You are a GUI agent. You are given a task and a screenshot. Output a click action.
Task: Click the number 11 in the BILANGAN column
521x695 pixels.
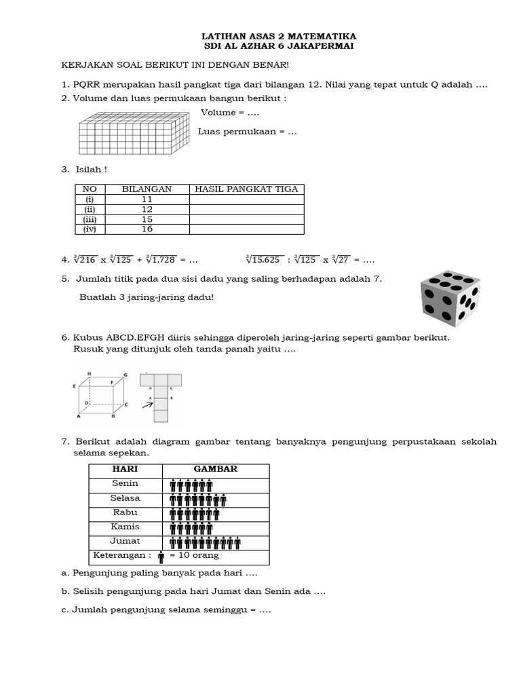[x=147, y=200]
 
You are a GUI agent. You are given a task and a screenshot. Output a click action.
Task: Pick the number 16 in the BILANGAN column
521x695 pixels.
[x=147, y=229]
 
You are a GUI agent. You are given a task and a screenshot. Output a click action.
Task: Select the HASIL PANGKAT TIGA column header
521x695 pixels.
[x=246, y=189]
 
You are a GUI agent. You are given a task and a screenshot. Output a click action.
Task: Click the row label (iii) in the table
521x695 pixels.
[x=90, y=220]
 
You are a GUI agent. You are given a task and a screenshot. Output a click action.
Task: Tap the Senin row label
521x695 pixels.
[x=126, y=483]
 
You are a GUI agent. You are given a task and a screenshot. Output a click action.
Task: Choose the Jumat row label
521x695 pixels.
[x=126, y=541]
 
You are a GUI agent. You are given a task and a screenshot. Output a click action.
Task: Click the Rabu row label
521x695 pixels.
[x=126, y=512]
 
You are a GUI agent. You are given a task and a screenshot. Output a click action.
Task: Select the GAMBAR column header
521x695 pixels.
[x=216, y=469]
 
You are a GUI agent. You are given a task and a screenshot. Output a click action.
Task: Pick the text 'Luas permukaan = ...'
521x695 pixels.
[x=248, y=132]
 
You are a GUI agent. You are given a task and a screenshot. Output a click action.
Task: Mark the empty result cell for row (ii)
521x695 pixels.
[x=246, y=210]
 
